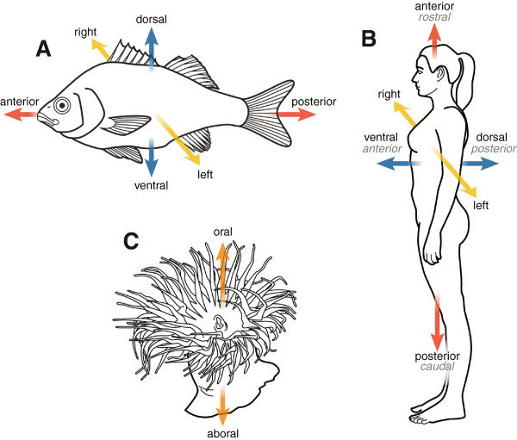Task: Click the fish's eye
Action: pos(63,106)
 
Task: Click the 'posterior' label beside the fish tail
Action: pos(315,101)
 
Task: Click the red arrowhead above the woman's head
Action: pos(434,33)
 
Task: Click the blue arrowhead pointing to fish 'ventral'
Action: pos(153,168)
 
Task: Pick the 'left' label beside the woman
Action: pos(481,205)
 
